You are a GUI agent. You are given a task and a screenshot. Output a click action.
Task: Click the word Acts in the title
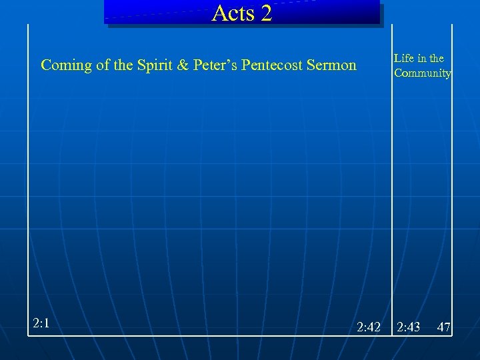[232, 13]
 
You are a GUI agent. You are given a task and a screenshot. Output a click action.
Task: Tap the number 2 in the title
[267, 13]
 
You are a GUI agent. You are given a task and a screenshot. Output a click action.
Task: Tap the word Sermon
[333, 65]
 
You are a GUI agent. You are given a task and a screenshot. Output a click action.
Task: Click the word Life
[403, 59]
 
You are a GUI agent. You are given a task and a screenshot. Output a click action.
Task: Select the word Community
[422, 73]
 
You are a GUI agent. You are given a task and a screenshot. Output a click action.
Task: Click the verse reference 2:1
[42, 323]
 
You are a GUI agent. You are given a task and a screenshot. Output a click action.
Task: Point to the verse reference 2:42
[368, 327]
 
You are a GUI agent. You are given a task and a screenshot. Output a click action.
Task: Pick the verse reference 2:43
[408, 327]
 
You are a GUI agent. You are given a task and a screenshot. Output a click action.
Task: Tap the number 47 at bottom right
[444, 327]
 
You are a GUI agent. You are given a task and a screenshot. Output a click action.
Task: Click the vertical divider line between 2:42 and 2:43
[391, 200]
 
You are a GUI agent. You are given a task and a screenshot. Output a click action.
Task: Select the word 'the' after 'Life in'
[437, 59]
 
